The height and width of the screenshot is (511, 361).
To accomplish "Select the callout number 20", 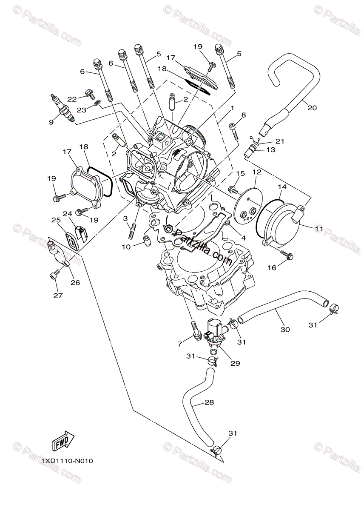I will pos(312,108).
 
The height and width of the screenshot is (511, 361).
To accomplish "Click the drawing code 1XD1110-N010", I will pos(67,461).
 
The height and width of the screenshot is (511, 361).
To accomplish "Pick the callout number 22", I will pos(72,99).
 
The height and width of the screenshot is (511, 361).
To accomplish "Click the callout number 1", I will pos(232,109).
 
